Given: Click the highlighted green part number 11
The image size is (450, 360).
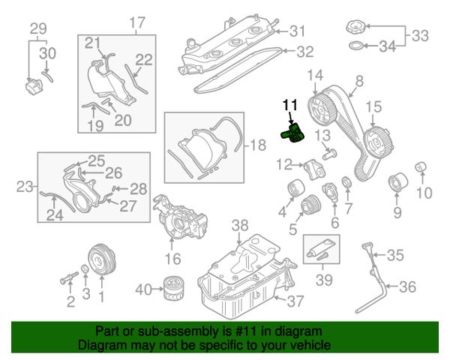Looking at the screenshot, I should [292, 133].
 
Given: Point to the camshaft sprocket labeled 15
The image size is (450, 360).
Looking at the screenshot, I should [376, 141].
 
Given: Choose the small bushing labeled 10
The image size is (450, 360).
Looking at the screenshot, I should [421, 166].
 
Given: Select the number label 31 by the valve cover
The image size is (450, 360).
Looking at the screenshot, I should [298, 31].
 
